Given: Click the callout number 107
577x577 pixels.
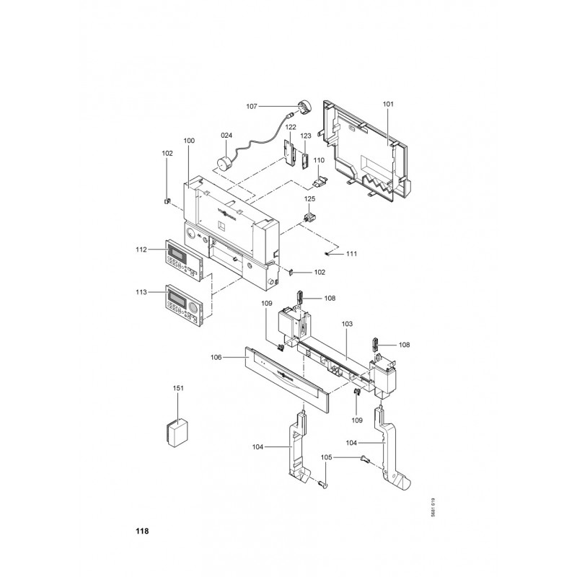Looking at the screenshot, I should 252,107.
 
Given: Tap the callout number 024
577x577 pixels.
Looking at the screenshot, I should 226,136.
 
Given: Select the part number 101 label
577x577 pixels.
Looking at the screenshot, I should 389,105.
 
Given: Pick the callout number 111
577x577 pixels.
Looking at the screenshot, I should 351,253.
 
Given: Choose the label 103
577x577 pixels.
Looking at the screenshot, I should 347,325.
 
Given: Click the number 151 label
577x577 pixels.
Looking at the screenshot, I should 179,388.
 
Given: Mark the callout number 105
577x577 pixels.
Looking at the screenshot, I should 326,457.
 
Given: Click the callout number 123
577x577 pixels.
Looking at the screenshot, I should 306,136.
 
